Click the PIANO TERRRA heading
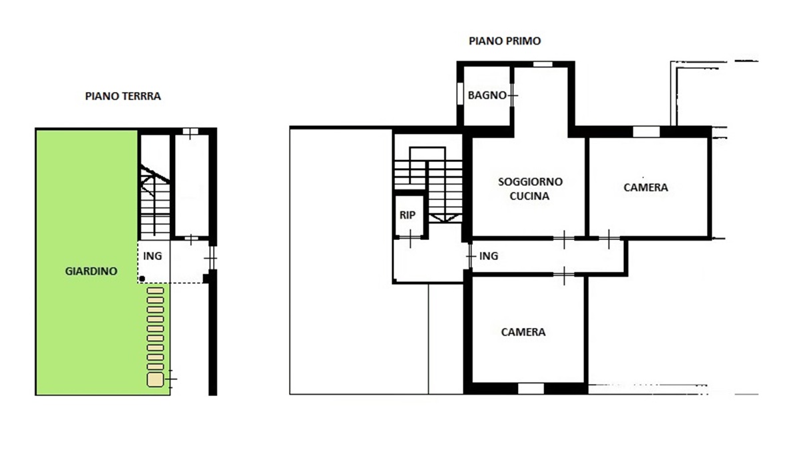[123, 96]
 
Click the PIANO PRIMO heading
[505, 41]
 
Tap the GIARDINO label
[91, 271]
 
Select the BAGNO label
[487, 95]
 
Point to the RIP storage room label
[407, 215]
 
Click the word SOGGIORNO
[531, 182]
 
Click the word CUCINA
[530, 196]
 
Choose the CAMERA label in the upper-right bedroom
[646, 187]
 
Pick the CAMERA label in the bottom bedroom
[523, 332]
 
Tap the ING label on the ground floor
[152, 256]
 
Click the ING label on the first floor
[489, 256]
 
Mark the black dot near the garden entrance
[142, 279]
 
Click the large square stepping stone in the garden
[155, 379]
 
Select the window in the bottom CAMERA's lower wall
[531, 389]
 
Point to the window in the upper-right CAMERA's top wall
[647, 131]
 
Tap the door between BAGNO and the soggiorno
[512, 95]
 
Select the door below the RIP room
[410, 238]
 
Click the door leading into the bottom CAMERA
[564, 275]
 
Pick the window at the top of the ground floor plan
[190, 131]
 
